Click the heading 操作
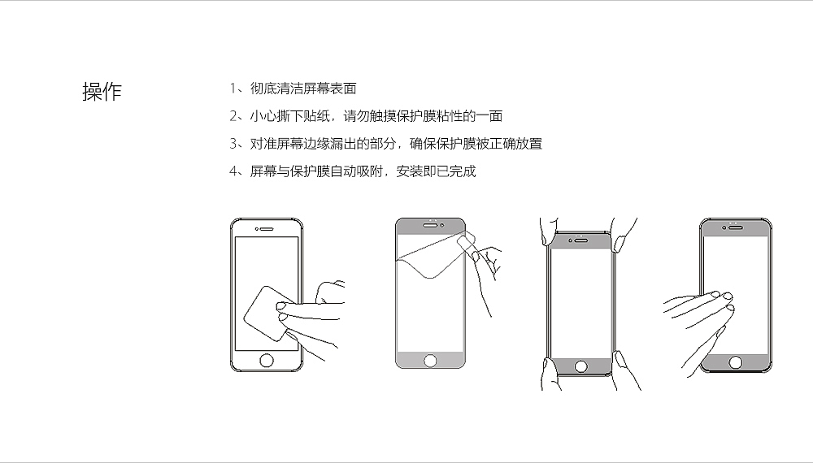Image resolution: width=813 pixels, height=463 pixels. (102, 92)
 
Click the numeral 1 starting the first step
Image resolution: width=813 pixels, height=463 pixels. (233, 89)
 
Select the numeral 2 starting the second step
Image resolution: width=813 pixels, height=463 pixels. (233, 116)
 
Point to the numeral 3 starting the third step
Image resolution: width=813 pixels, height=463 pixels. (233, 144)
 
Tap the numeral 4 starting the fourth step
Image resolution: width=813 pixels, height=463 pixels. (233, 171)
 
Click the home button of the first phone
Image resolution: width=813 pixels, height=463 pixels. (265, 360)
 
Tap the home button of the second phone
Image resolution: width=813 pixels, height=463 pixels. (430, 360)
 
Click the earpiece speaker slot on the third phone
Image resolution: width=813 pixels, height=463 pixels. (581, 239)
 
